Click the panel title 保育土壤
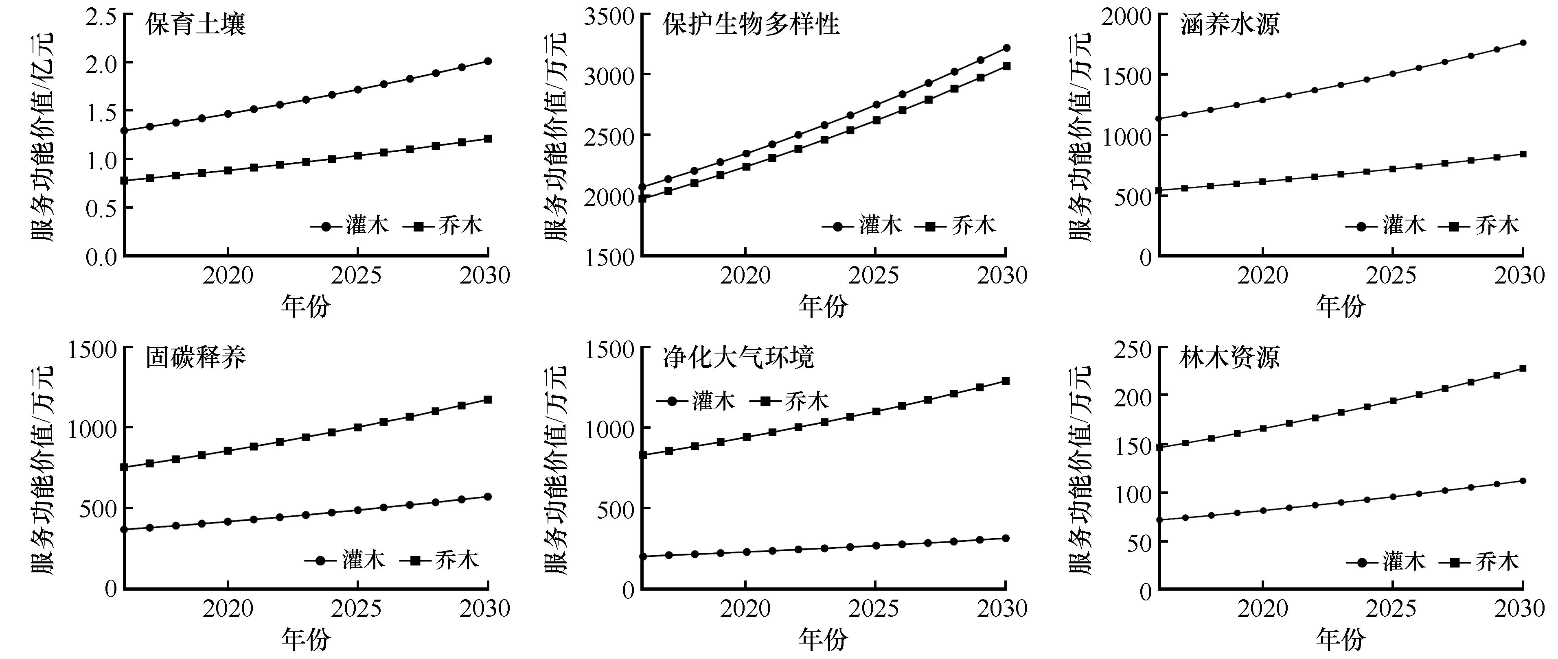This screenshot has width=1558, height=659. click(195, 25)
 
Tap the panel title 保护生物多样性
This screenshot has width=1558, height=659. click(751, 25)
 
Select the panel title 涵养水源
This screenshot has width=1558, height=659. click(1229, 25)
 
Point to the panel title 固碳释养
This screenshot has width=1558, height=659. click(195, 358)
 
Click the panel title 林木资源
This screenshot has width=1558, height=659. click(1229, 358)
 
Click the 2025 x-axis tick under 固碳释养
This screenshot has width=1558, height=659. click(357, 608)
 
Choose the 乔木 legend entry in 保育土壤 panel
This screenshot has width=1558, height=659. click(447, 226)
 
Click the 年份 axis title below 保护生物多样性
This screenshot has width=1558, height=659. click(822, 307)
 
